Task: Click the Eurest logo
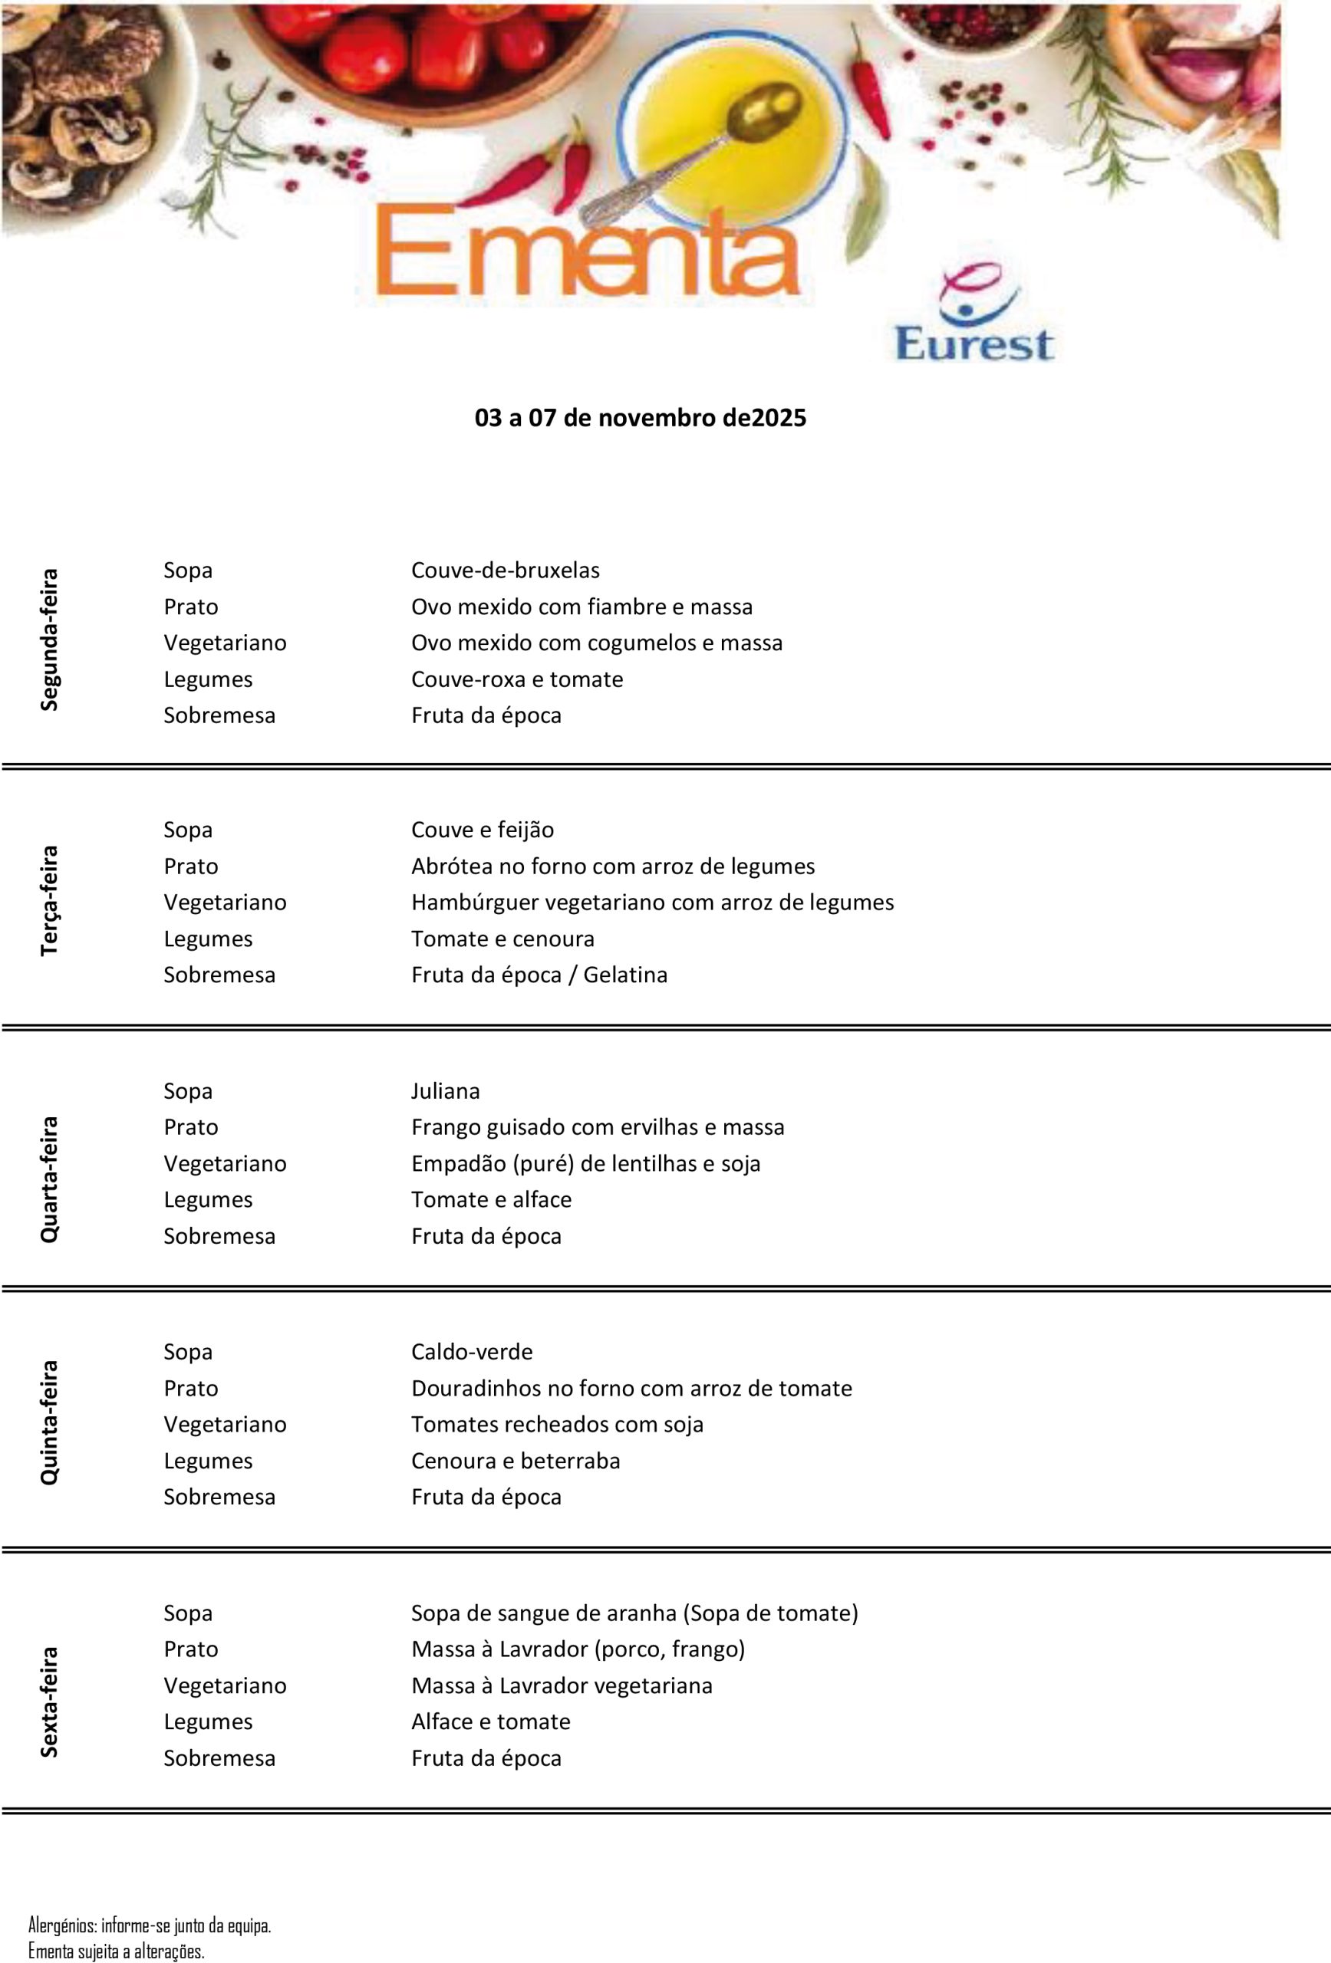tap(974, 315)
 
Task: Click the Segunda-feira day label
tap(50, 640)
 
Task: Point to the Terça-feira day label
tap(50, 900)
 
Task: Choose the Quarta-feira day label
tap(50, 1179)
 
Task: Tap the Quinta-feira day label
tap(50, 1422)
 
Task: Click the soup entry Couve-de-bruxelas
tap(506, 570)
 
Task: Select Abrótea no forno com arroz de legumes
tap(613, 866)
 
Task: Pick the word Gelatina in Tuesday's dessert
tap(625, 975)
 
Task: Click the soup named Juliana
tap(446, 1091)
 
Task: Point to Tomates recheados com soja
tap(557, 1425)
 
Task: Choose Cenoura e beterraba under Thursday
tap(516, 1462)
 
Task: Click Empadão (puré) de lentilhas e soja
tap(585, 1164)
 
